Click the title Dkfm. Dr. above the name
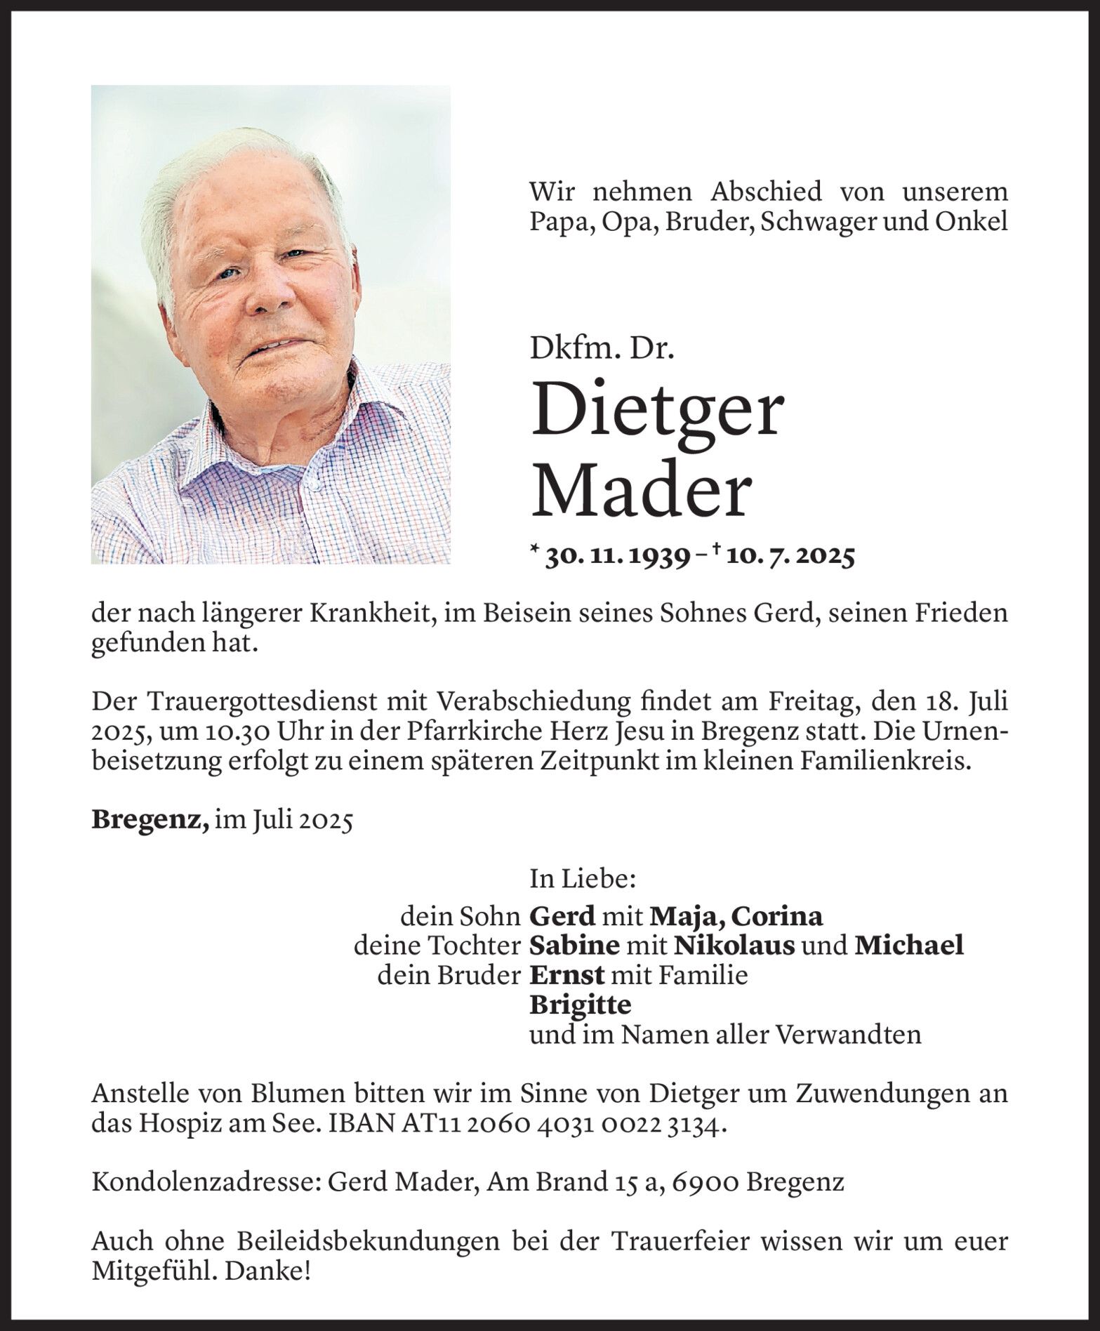[x=602, y=349]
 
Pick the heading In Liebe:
[x=583, y=878]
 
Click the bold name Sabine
[x=574, y=946]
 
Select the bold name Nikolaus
[x=734, y=946]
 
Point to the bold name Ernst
[x=566, y=975]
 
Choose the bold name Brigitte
[x=580, y=1005]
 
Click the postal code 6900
[x=705, y=1182]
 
